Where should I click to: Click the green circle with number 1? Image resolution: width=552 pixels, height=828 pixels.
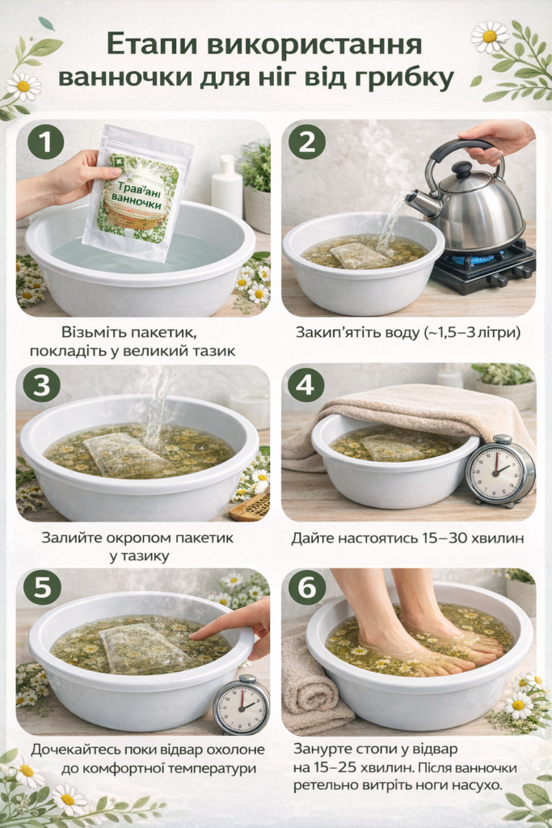[x=46, y=142]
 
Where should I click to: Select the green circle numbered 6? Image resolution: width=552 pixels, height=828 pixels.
[x=306, y=587]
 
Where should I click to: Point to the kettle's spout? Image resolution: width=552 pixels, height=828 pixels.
[x=417, y=201]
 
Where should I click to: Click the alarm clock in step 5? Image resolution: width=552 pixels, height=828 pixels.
[x=241, y=704]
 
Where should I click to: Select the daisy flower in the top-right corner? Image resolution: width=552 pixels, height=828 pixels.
[x=489, y=36]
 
